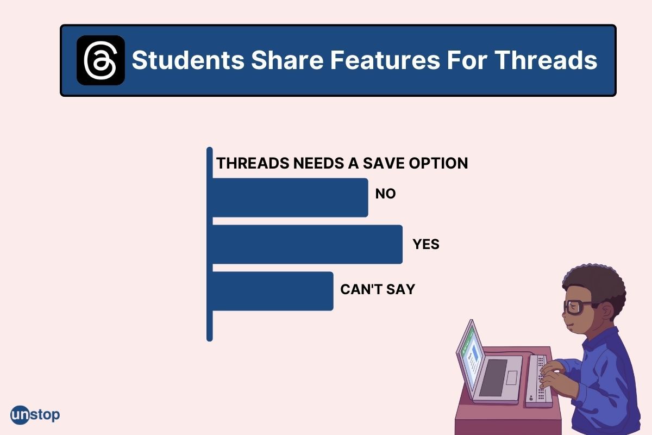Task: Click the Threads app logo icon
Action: [101, 60]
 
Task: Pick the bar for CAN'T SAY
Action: [272, 291]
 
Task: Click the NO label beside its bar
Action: [385, 194]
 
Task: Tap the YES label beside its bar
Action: [426, 245]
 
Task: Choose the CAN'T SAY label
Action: [377, 289]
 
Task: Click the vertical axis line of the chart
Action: [210, 245]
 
